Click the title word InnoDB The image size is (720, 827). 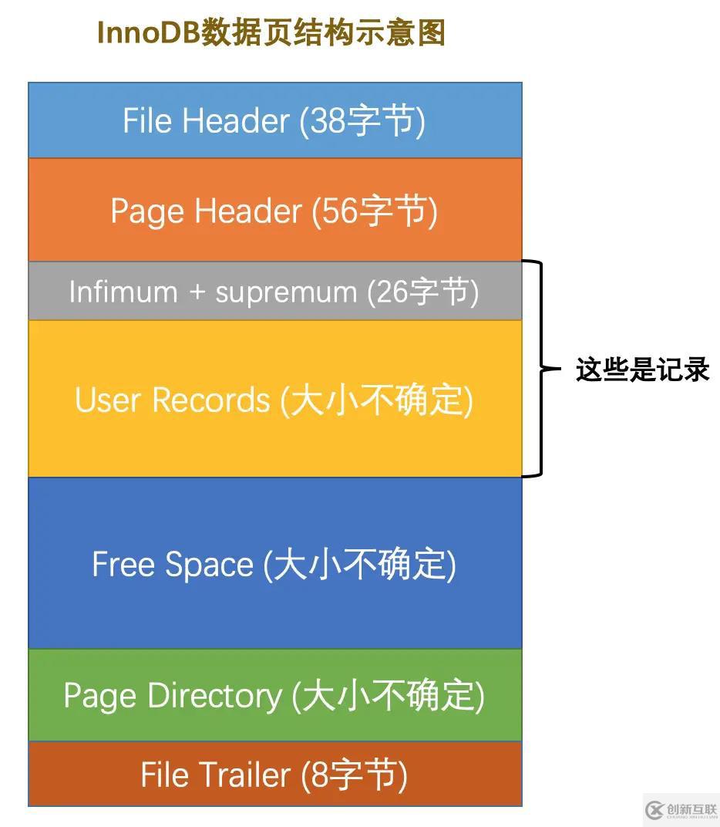(x=150, y=32)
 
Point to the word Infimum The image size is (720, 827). (x=123, y=292)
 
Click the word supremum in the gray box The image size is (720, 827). (x=286, y=292)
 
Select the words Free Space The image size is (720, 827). (x=173, y=565)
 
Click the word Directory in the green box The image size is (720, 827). (x=214, y=696)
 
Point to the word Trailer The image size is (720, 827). (x=245, y=775)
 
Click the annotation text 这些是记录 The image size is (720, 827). (x=642, y=370)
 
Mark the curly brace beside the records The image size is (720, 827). (x=542, y=368)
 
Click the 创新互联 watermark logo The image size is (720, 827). (x=681, y=809)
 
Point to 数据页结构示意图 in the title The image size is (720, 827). (x=323, y=32)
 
